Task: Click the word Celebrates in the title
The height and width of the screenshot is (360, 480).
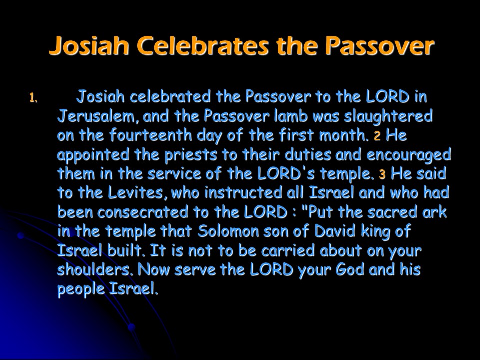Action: point(204,46)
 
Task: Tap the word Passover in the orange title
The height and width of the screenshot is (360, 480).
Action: point(379,46)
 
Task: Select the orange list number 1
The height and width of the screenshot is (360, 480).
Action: point(33,98)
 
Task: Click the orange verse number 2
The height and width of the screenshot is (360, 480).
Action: point(377,136)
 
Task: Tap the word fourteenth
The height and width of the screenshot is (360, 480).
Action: point(151,135)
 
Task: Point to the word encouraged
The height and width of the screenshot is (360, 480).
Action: point(408,155)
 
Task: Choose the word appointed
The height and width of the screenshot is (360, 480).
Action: point(93,155)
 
